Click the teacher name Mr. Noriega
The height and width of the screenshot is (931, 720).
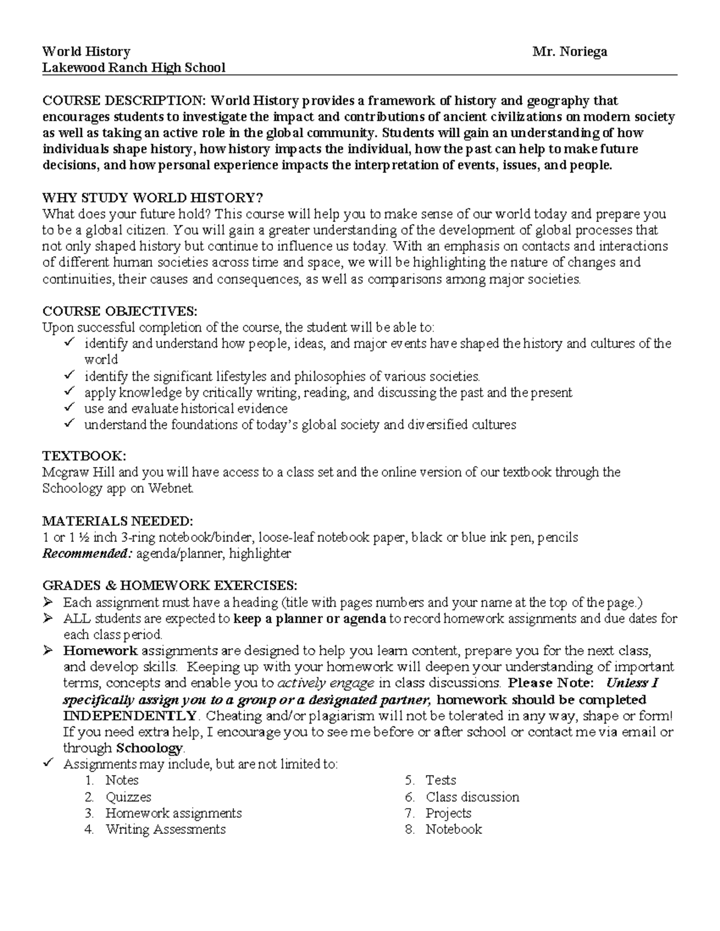[569, 52]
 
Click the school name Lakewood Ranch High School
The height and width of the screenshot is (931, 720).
[133, 67]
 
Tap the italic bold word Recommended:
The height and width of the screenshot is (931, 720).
[86, 553]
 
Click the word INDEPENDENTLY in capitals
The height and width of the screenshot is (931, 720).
[130, 716]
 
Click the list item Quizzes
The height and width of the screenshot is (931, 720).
[128, 797]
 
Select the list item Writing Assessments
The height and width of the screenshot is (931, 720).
[165, 829]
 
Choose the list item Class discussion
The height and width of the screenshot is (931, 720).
[472, 797]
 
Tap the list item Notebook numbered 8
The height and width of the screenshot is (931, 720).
[454, 829]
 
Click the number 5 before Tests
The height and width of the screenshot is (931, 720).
[409, 781]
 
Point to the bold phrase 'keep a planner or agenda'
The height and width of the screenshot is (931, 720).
[309, 618]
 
